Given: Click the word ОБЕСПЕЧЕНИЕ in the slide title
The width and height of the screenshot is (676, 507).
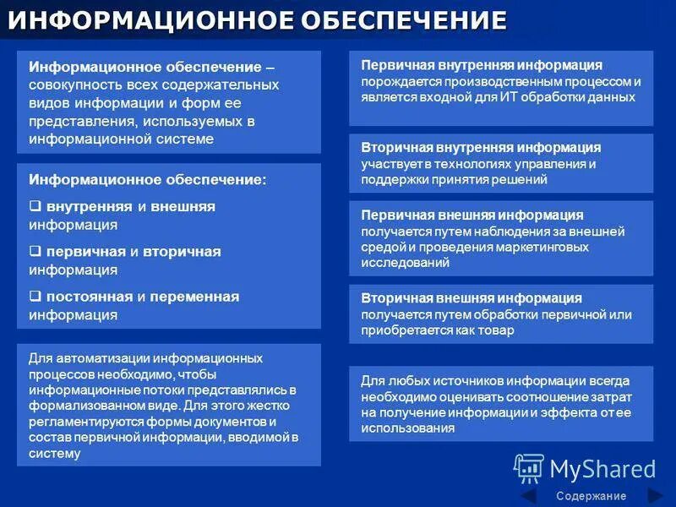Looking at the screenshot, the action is tap(404, 19).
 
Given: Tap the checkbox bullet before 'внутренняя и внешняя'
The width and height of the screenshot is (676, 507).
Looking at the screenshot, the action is tap(35, 206).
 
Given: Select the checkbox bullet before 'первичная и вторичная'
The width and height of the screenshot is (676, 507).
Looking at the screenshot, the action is tap(35, 251).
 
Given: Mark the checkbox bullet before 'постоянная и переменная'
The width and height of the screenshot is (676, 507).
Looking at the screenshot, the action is tap(35, 297).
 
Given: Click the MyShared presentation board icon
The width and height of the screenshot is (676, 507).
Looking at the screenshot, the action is tap(529, 468).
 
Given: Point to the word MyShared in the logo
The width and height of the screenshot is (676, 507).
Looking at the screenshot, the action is tap(602, 470).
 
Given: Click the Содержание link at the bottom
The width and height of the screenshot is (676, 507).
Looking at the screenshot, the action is tap(591, 496).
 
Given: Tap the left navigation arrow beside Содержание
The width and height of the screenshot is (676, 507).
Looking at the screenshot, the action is tap(530, 496).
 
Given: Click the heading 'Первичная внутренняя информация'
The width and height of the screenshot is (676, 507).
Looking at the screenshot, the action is tap(482, 65).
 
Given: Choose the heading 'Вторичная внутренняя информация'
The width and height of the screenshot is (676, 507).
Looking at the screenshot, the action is tap(481, 147).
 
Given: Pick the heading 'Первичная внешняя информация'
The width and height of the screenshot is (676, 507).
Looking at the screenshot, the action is tap(472, 215).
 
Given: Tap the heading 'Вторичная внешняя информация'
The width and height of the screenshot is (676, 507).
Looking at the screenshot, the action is tap(472, 298).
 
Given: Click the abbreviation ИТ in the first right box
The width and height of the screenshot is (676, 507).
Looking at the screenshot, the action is tap(509, 96).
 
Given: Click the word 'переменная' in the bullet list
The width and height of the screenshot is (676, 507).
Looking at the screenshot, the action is tap(194, 297).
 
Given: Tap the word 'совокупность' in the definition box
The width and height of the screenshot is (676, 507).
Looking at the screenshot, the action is tap(75, 85).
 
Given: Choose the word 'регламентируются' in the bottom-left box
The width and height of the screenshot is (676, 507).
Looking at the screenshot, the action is tap(86, 422).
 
